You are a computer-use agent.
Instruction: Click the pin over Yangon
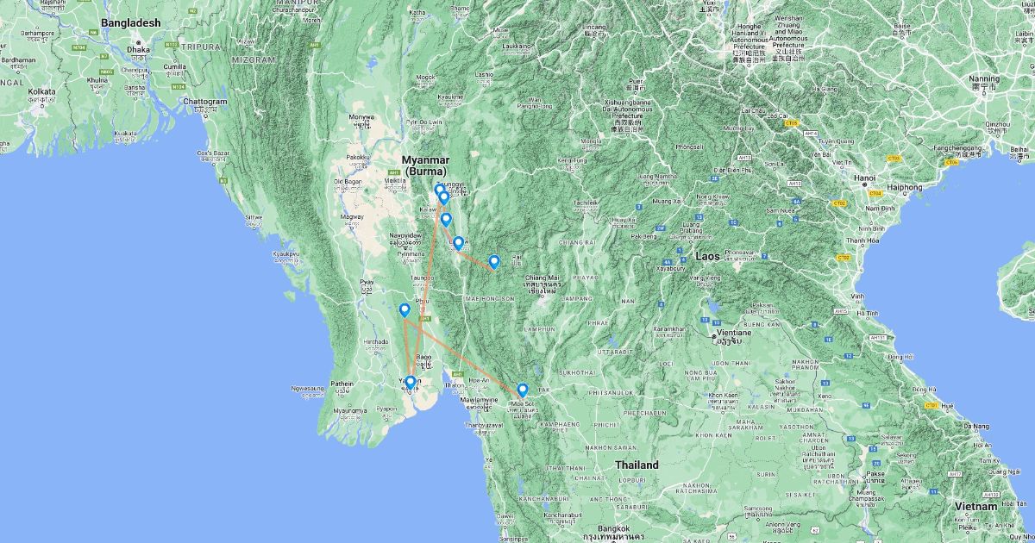tap(411, 382)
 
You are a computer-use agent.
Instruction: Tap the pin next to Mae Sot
tap(522, 390)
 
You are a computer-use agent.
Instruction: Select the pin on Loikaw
tap(458, 243)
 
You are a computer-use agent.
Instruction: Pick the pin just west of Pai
tap(494, 261)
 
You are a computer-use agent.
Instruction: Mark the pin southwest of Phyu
tap(405, 309)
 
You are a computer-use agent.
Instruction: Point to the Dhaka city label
tap(138, 50)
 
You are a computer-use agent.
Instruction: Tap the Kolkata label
tap(41, 90)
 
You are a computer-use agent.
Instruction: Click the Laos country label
tap(707, 256)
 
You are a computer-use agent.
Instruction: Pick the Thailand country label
tap(637, 465)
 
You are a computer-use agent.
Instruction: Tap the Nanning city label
tap(984, 78)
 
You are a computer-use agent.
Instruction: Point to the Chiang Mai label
tap(542, 278)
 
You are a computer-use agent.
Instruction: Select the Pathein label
tap(343, 384)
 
